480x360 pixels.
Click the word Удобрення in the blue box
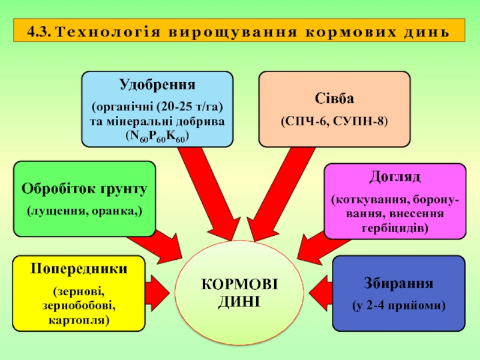pyautogui.click(x=157, y=85)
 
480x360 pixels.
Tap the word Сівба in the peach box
pyautogui.click(x=334, y=98)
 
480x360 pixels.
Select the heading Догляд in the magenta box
pyautogui.click(x=395, y=177)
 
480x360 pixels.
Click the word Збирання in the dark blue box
pyautogui.click(x=398, y=283)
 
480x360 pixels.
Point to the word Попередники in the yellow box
pyautogui.click(x=79, y=269)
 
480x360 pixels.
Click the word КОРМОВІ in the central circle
pyautogui.click(x=239, y=284)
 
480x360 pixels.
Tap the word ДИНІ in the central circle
pyautogui.click(x=239, y=302)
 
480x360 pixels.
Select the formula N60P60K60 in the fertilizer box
pyautogui.click(x=158, y=137)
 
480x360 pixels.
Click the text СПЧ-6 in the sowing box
pyautogui.click(x=307, y=122)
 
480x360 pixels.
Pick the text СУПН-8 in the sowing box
pyautogui.click(x=358, y=122)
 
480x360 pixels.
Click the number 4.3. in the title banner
pyautogui.click(x=39, y=32)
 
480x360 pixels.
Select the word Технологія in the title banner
pyautogui.click(x=109, y=32)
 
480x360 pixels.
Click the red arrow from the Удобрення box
pyautogui.click(x=209, y=194)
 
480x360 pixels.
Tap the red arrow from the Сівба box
pyautogui.click(x=281, y=194)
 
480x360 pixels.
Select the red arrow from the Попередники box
pyautogui.click(x=157, y=293)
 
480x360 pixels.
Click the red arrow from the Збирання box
pyautogui.click(x=321, y=293)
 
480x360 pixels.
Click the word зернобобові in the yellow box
pyautogui.click(x=79, y=306)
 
